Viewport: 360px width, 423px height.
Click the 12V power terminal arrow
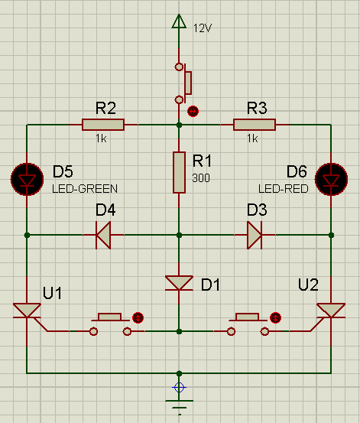pyautogui.click(x=179, y=21)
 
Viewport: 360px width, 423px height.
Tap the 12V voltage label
pyautogui.click(x=203, y=28)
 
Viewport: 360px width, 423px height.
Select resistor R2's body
pyautogui.click(x=103, y=125)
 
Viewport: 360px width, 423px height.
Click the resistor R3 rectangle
pyautogui.click(x=255, y=125)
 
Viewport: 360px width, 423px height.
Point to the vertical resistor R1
pyautogui.click(x=179, y=173)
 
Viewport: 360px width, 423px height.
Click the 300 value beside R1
pyautogui.click(x=201, y=178)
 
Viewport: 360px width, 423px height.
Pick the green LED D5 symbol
pyautogui.click(x=27, y=180)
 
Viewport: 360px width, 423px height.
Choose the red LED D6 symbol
pyautogui.click(x=331, y=180)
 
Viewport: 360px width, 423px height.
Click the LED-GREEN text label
pyautogui.click(x=85, y=189)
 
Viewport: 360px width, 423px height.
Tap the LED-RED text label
pyautogui.click(x=283, y=189)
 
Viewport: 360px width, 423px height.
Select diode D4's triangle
pyautogui.click(x=103, y=236)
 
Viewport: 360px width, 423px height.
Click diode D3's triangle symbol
pyautogui.click(x=255, y=236)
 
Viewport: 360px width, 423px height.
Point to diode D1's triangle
pyautogui.click(x=179, y=283)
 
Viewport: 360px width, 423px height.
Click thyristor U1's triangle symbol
pyautogui.click(x=27, y=311)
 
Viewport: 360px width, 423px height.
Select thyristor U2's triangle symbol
pyautogui.click(x=331, y=311)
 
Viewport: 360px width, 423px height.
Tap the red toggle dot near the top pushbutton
pyautogui.click(x=193, y=111)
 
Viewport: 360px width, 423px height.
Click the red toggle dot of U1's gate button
pyautogui.click(x=138, y=317)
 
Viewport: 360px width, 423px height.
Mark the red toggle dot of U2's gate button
pyautogui.click(x=275, y=317)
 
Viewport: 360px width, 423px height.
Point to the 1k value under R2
pyautogui.click(x=101, y=138)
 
